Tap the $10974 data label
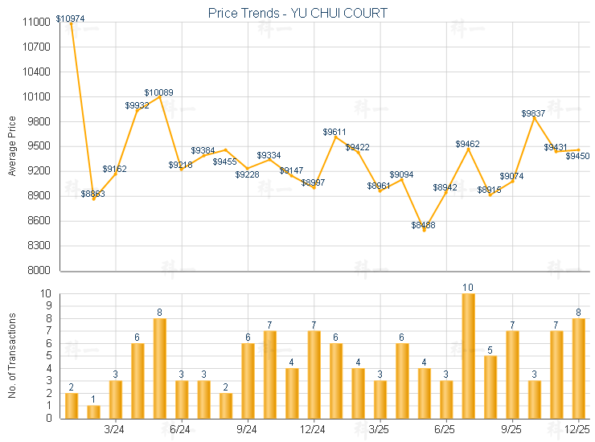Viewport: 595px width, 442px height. click(x=70, y=18)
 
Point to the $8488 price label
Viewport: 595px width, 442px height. click(x=423, y=225)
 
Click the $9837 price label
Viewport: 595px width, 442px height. click(x=533, y=113)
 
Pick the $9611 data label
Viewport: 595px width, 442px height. click(x=334, y=131)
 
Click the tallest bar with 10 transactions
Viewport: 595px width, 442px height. click(x=468, y=355)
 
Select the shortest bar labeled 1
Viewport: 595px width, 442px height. click(x=93, y=411)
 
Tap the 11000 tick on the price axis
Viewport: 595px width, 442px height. click(x=38, y=23)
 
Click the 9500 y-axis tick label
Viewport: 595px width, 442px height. click(x=40, y=146)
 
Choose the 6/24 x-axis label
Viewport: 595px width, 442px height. click(x=181, y=430)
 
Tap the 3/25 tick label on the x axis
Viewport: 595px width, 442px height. click(x=379, y=430)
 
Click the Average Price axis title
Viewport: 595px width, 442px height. click(x=12, y=146)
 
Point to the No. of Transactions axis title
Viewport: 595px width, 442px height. click(x=12, y=355)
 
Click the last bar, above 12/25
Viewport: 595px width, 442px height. click(x=577, y=368)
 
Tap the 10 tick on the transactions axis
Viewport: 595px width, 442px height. click(x=44, y=293)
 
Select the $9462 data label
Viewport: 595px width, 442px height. click(x=467, y=144)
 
